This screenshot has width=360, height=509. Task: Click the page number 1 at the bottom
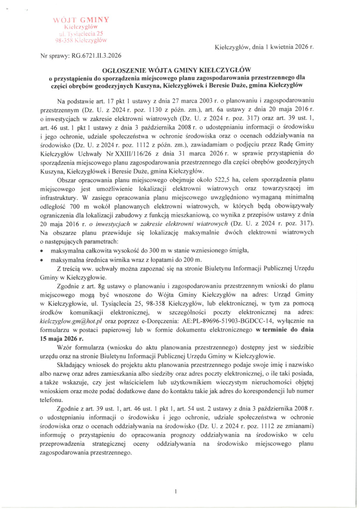[176, 478]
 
